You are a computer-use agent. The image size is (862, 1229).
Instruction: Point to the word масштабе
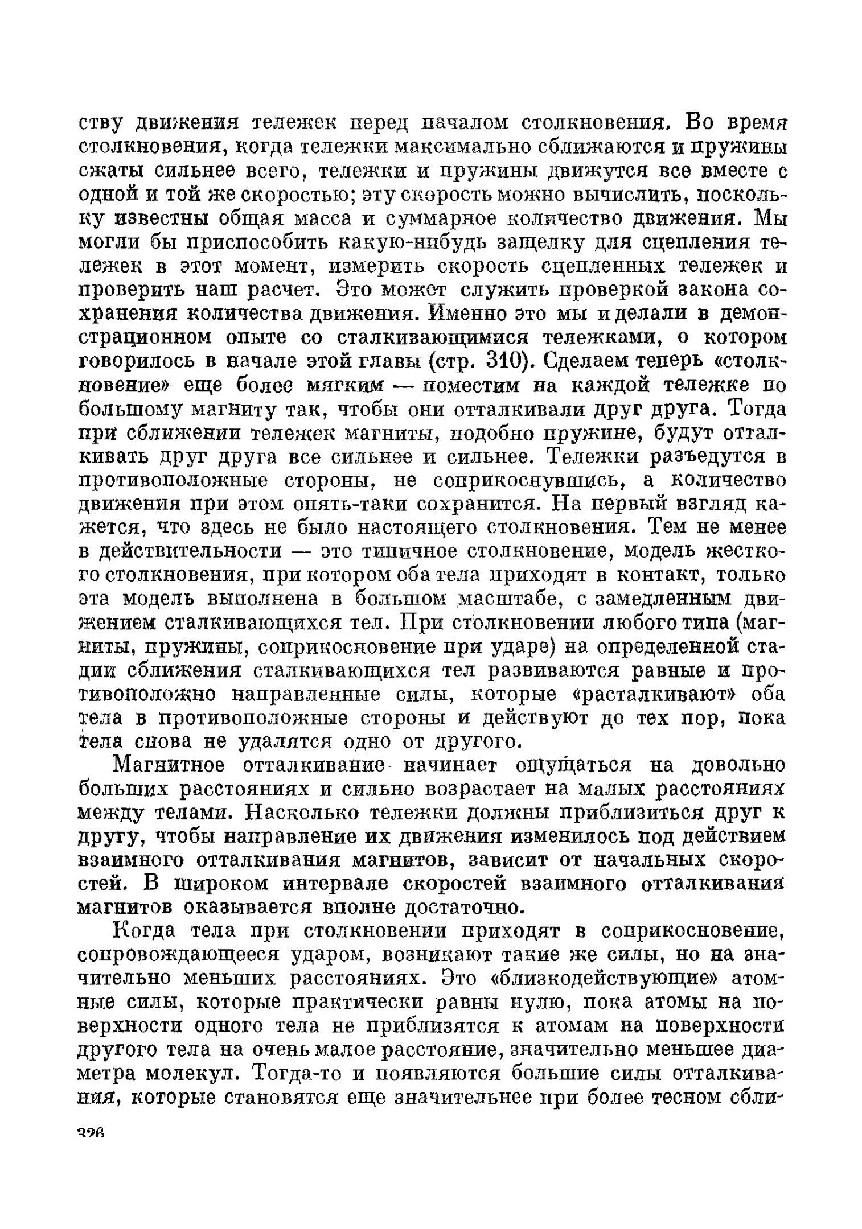click(x=508, y=599)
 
